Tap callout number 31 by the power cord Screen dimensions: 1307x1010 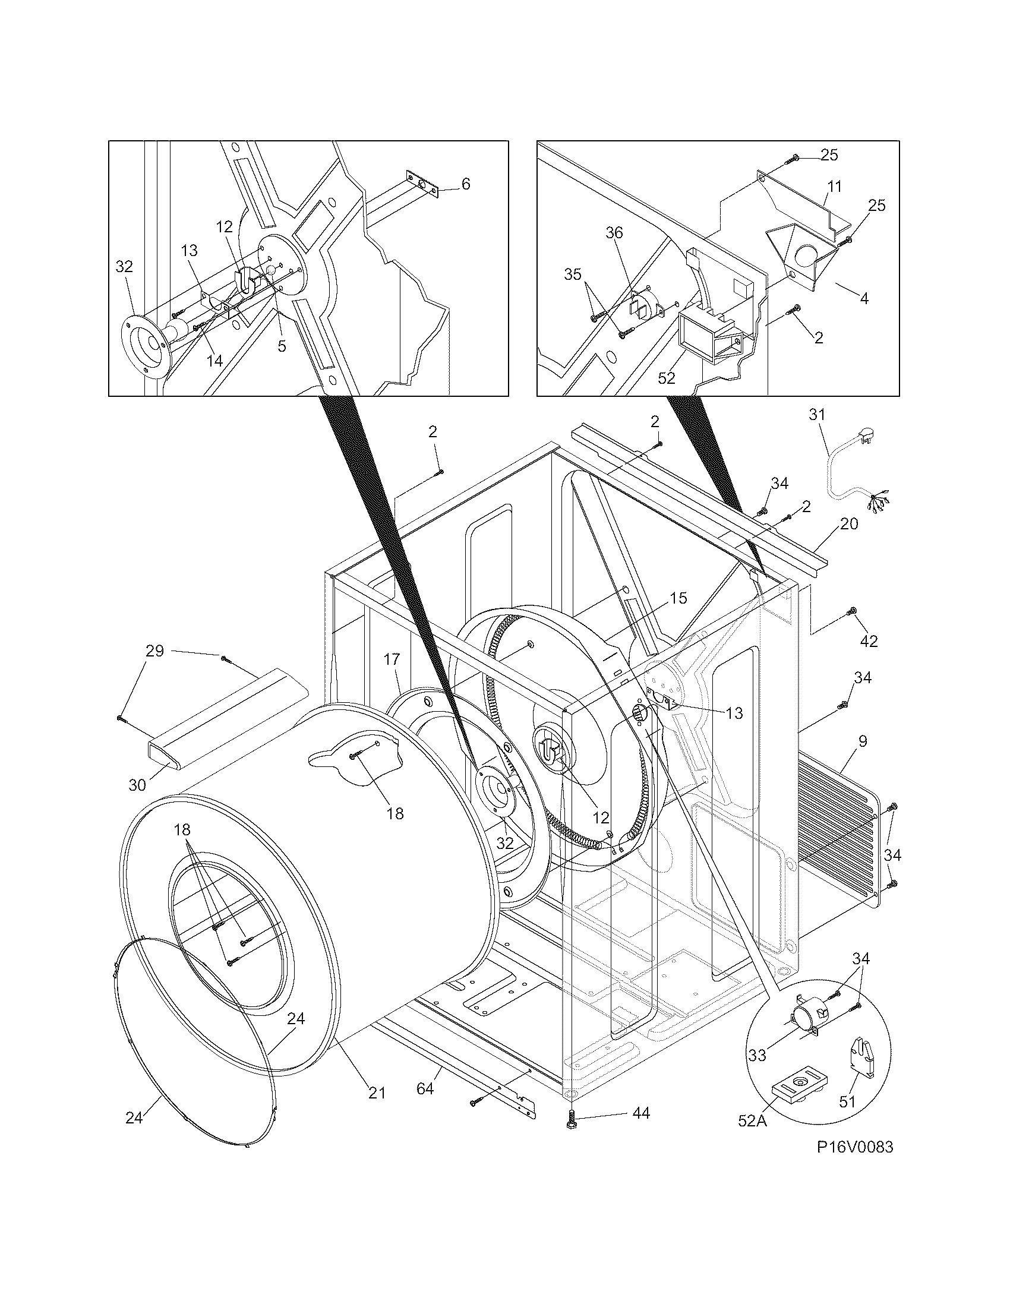tap(817, 414)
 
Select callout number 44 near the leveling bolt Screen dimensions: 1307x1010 tap(640, 1113)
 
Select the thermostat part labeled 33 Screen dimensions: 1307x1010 tap(807, 1016)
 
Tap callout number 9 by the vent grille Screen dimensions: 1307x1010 tap(862, 741)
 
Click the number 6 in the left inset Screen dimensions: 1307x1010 tap(466, 184)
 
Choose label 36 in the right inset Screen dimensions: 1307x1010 tap(614, 233)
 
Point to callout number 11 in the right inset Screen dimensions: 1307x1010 tap(834, 186)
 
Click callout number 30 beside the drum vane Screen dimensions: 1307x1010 tap(137, 785)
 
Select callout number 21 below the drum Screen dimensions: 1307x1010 tap(376, 1092)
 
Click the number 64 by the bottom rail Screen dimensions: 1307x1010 tap(425, 1088)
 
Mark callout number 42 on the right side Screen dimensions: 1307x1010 tap(869, 641)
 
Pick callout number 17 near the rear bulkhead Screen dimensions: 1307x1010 tap(392, 659)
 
